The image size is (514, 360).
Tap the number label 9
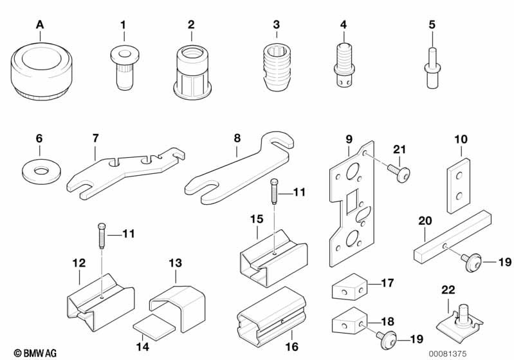point(349,138)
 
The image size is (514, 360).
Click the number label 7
point(95,138)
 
